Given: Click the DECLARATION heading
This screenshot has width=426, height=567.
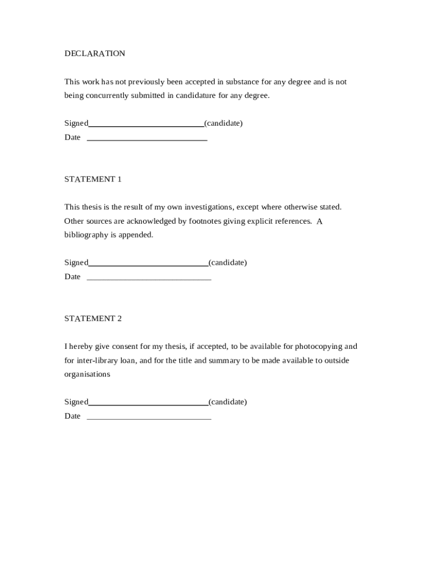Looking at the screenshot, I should [95, 54].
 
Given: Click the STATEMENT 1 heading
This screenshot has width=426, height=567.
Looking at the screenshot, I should [92, 179].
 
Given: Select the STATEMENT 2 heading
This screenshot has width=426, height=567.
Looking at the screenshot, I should [92, 318].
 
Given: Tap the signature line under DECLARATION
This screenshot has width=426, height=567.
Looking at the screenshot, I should [146, 125].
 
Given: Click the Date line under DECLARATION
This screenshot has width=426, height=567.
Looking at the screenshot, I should [147, 140].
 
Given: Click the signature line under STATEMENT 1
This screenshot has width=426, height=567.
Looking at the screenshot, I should [148, 265].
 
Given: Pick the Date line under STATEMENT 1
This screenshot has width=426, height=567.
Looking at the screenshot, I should [149, 279].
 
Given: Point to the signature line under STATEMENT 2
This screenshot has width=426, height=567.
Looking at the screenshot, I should [148, 404].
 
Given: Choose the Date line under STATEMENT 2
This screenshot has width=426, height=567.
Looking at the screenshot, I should [149, 419].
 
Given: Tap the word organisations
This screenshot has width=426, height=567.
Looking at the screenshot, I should [87, 374].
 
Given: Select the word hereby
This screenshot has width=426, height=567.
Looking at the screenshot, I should [80, 347].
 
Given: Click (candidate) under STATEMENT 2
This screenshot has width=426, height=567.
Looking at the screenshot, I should [227, 402].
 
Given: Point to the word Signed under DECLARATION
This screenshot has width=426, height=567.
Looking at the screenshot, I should [76, 123].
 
